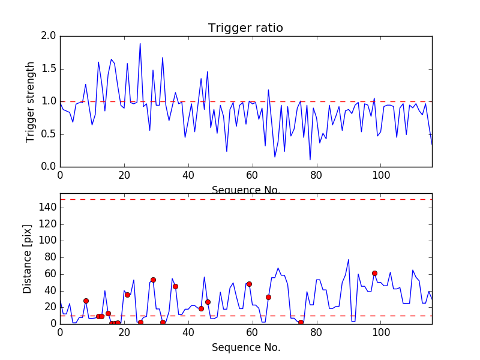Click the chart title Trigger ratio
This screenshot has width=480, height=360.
click(x=245, y=28)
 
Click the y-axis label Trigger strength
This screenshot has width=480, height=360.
click(x=31, y=101)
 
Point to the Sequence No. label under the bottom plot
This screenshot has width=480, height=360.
click(x=245, y=347)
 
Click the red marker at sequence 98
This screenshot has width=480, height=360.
click(x=374, y=273)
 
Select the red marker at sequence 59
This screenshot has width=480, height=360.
click(x=249, y=284)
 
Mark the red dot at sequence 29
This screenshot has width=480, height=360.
click(x=153, y=280)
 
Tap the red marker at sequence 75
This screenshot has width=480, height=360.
click(x=301, y=322)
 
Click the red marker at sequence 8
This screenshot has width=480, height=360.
click(x=86, y=301)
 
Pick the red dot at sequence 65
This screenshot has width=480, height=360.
click(x=268, y=297)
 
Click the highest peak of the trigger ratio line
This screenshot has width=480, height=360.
click(x=140, y=43)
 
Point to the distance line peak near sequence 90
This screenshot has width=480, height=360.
click(x=349, y=260)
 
